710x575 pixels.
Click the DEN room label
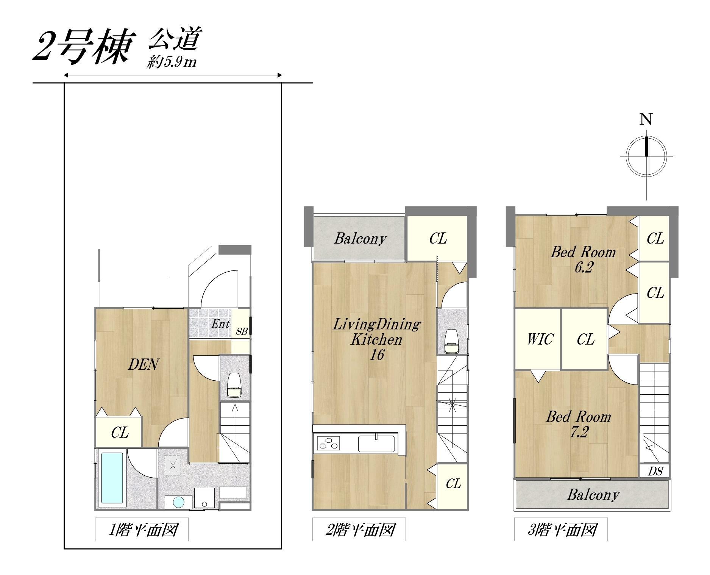(x=144, y=364)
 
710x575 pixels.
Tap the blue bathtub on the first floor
(x=112, y=478)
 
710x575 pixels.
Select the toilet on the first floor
(x=234, y=385)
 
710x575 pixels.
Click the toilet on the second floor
(x=451, y=341)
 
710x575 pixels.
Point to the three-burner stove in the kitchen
(x=328, y=443)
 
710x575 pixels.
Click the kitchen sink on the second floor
(x=376, y=444)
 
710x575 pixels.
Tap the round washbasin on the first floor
(x=179, y=502)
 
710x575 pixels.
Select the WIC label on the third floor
(x=540, y=339)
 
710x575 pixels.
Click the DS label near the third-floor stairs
(x=655, y=471)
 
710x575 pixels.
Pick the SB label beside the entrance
(x=242, y=331)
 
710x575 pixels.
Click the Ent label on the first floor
(x=220, y=324)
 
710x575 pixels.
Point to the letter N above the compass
(x=646, y=119)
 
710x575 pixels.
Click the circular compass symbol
(x=646, y=156)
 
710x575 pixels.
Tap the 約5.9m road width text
(x=172, y=62)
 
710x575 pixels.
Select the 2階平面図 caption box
(x=359, y=530)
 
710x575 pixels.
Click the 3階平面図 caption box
(x=561, y=530)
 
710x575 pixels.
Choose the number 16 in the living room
(x=377, y=355)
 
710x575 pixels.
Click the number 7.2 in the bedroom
(x=579, y=432)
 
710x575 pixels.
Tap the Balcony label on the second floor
(x=360, y=239)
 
